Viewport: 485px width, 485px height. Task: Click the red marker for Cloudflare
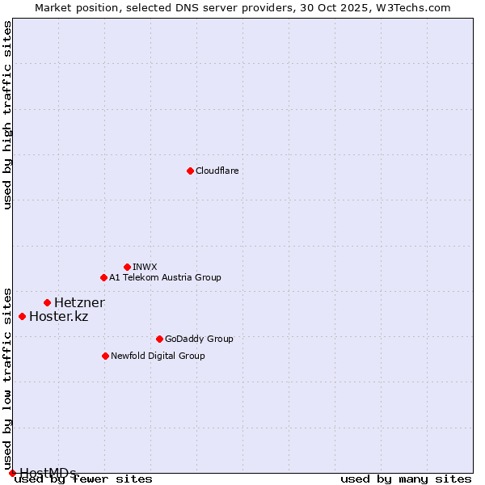click(x=190, y=171)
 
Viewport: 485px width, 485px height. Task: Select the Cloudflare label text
click(x=217, y=171)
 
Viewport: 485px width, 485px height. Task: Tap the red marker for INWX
click(x=127, y=267)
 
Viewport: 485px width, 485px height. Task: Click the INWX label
click(x=145, y=268)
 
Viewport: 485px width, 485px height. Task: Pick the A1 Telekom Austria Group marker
click(x=103, y=277)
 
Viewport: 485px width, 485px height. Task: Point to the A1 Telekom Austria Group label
click(x=165, y=278)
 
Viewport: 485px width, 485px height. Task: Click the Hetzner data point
click(x=47, y=302)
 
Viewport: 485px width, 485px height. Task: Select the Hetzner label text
click(x=79, y=303)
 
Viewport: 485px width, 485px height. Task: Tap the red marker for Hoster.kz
click(x=22, y=316)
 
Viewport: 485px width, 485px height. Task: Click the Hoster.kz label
click(x=58, y=317)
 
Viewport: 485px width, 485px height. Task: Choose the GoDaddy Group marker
click(x=159, y=339)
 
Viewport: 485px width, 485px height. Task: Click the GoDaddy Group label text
click(x=199, y=339)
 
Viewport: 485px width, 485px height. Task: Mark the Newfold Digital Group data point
click(x=105, y=356)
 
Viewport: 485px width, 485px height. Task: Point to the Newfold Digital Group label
click(x=158, y=356)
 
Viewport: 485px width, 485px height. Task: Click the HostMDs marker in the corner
click(x=12, y=473)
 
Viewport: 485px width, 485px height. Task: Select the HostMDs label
click(x=48, y=473)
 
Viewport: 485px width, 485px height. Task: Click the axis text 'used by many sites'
click(x=406, y=479)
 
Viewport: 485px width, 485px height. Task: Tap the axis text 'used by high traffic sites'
click(x=8, y=116)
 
